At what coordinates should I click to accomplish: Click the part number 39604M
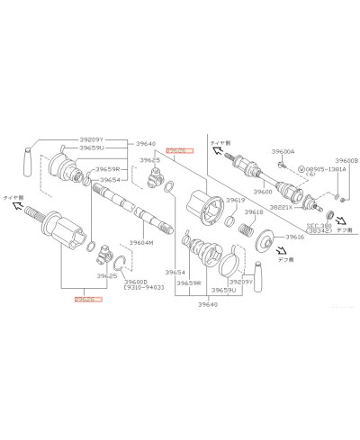coord(140,242)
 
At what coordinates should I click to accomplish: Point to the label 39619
coord(236,200)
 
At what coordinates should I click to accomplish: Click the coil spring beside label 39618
coord(242,230)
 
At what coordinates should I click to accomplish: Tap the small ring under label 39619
coord(229,221)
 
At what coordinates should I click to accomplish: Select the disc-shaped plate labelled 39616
coord(265,242)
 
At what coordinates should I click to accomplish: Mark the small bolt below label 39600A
coord(282,165)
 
